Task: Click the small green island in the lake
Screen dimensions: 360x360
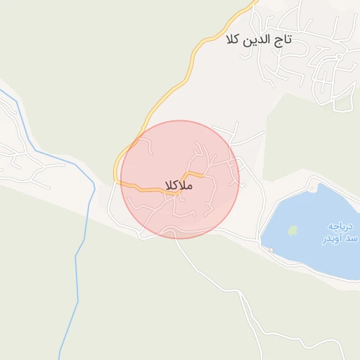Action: tap(292, 230)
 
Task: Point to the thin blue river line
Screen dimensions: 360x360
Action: tap(79, 246)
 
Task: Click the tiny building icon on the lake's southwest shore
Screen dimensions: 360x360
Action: tap(270, 249)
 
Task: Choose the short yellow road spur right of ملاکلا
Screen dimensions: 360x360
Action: tap(194, 174)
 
